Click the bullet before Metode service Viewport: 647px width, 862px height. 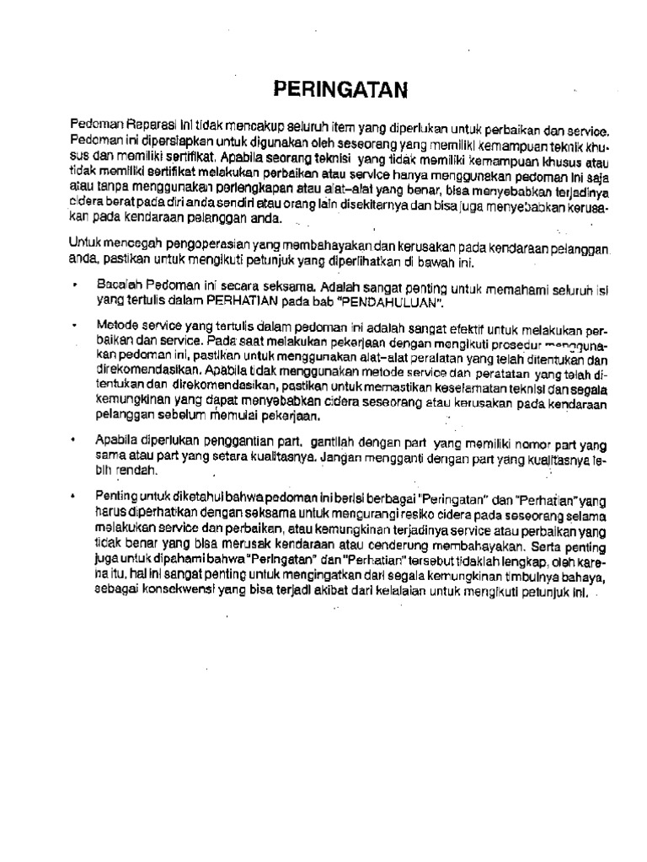click(x=75, y=323)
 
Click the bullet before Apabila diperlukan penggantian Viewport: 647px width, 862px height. click(x=75, y=439)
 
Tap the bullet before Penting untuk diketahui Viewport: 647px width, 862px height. click(x=75, y=497)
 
